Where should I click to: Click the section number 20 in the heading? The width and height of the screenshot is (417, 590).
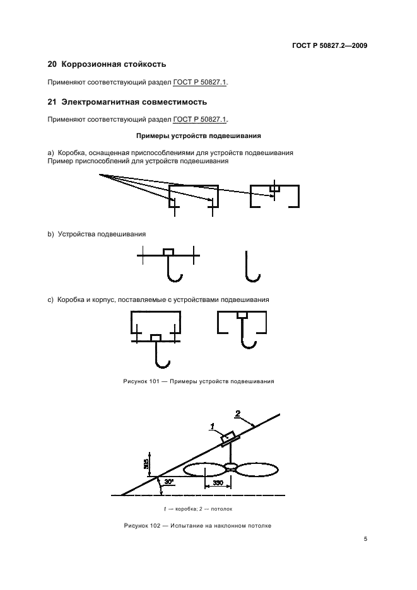click(52, 64)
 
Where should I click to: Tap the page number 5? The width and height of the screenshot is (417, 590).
click(365, 538)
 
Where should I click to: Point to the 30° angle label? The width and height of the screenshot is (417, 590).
click(169, 482)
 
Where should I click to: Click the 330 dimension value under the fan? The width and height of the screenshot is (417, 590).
click(218, 482)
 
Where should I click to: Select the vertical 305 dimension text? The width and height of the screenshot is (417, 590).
click(146, 464)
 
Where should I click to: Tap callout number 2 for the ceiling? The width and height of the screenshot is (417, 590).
click(238, 414)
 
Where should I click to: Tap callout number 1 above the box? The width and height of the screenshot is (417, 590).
click(213, 427)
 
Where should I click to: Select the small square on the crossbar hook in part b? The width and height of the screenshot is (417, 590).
click(168, 252)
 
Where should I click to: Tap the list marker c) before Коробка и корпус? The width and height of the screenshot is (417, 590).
click(51, 300)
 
